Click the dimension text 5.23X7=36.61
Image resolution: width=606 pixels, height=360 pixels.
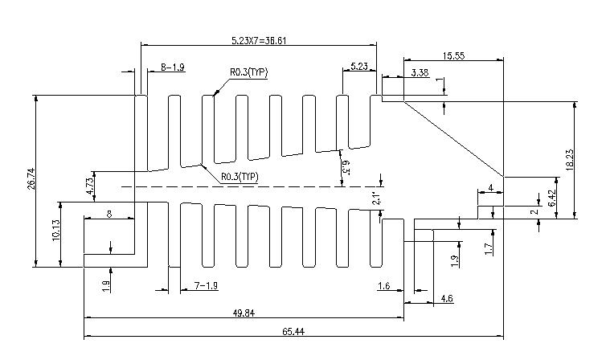(x=259, y=40)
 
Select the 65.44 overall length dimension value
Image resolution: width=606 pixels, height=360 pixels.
(x=293, y=331)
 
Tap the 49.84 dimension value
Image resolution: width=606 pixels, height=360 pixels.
(x=244, y=313)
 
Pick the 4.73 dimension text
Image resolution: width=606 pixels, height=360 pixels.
(x=90, y=186)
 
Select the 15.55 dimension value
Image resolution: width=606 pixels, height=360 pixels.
(x=454, y=55)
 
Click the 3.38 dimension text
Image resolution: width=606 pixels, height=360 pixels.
(x=420, y=72)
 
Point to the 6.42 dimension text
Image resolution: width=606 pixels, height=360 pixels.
(x=552, y=198)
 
